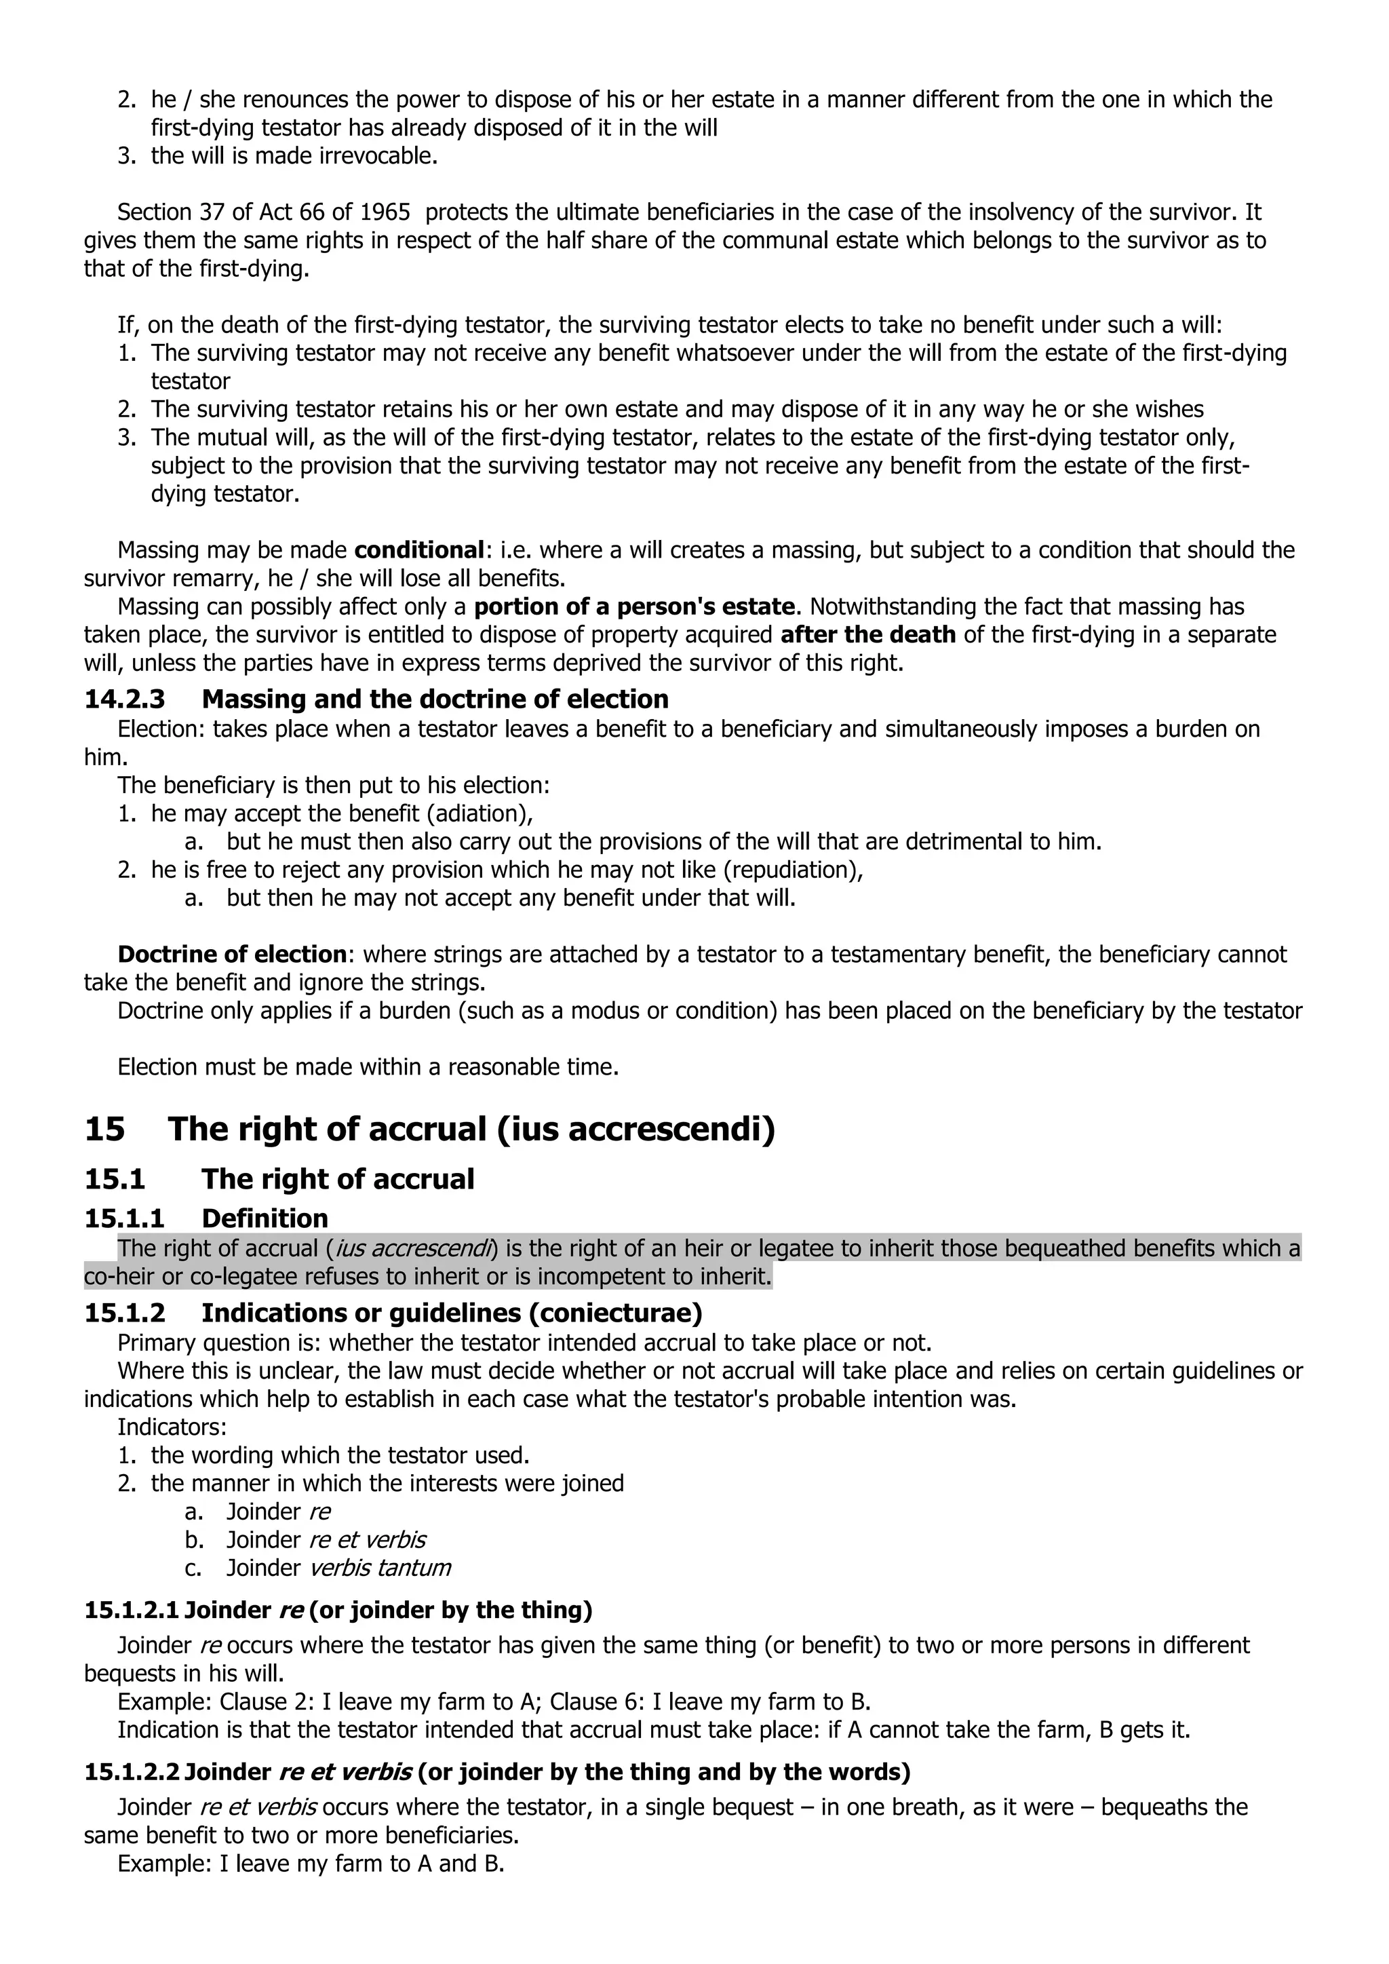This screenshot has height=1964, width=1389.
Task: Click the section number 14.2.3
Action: pos(124,699)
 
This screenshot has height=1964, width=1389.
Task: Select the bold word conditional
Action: pos(419,550)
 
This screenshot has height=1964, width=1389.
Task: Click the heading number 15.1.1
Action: pos(124,1218)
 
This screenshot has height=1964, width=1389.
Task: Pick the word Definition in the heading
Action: pos(265,1218)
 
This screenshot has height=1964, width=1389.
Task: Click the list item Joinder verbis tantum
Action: pos(338,1568)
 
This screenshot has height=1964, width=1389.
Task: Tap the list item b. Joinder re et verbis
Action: pos(325,1540)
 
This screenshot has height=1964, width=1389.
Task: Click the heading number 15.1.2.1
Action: pos(132,1611)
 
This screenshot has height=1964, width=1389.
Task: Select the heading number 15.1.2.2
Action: pos(132,1771)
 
